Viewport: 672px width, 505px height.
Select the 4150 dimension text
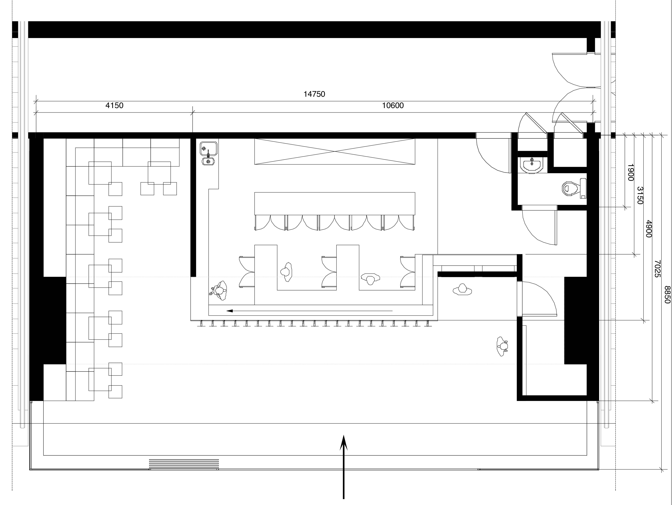point(114,105)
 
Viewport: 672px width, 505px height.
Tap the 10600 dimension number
point(393,105)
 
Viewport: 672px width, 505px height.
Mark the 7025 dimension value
point(657,268)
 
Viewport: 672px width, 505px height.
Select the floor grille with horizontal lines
point(184,464)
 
